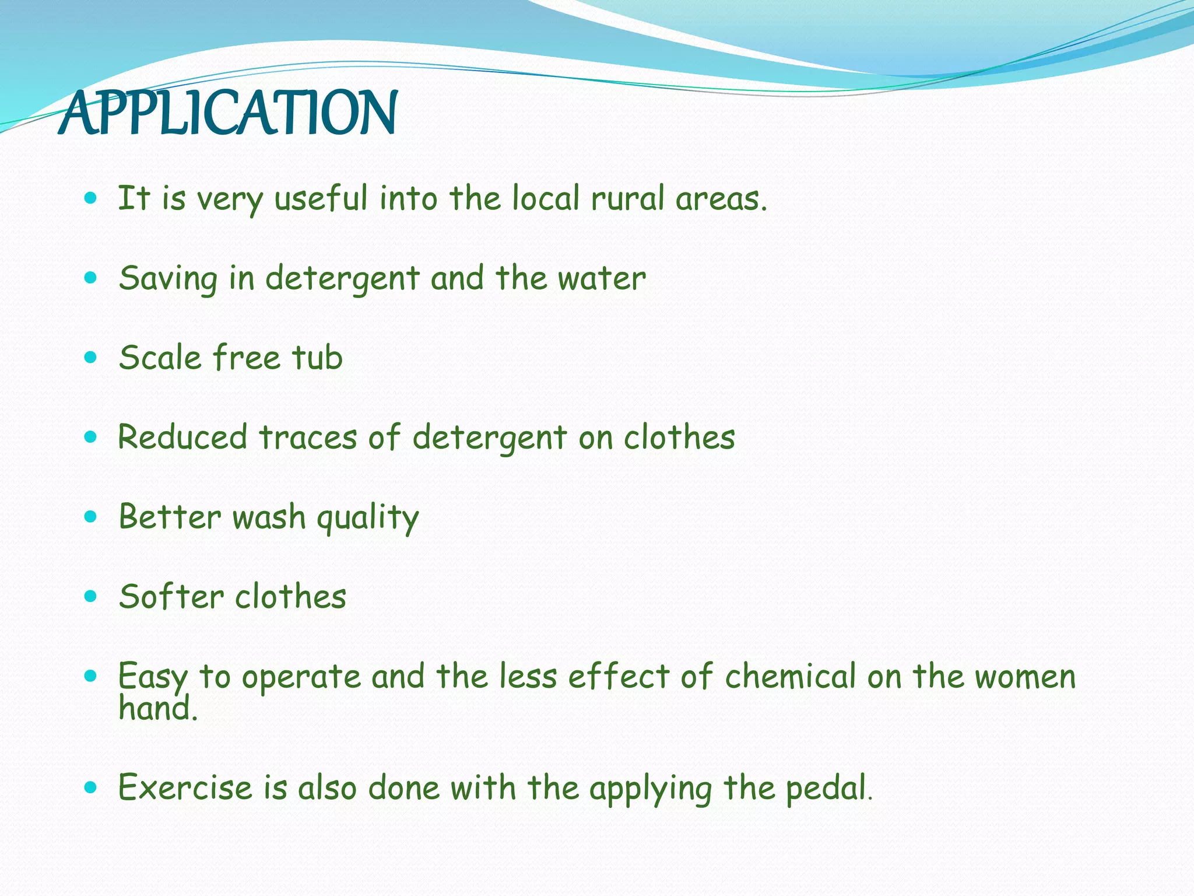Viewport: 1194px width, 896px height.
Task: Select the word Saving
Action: click(168, 278)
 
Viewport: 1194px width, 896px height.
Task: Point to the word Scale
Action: click(160, 358)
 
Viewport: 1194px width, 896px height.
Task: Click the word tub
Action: click(317, 358)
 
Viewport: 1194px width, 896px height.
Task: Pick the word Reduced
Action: click(182, 437)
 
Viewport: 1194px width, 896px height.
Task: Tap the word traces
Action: click(308, 437)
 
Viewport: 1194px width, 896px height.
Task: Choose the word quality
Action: click(367, 517)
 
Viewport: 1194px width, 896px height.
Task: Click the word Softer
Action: click(171, 597)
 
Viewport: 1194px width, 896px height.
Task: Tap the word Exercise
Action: click(185, 787)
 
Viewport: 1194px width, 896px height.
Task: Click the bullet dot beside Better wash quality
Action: click(90, 516)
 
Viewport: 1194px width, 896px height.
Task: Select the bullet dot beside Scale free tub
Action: click(90, 357)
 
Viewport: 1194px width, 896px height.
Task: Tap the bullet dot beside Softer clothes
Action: click(90, 596)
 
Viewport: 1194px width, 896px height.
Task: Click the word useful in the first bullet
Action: click(321, 198)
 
